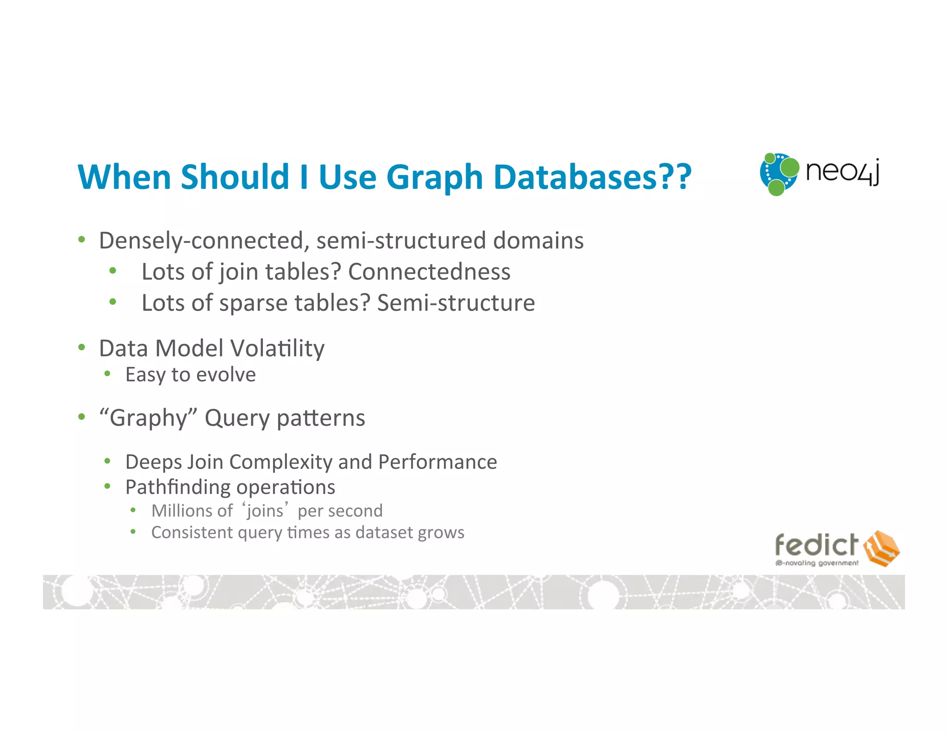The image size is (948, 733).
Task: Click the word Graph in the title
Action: click(435, 178)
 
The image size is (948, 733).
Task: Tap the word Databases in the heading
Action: click(575, 177)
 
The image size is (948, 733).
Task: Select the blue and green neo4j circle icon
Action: click(779, 174)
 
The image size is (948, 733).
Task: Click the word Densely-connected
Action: click(201, 241)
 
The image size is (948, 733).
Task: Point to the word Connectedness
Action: click(429, 272)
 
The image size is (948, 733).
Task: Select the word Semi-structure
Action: click(456, 303)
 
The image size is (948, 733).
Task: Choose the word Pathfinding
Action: click(178, 487)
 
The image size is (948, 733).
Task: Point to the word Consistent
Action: click(192, 533)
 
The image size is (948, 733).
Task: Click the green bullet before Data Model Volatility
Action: click(82, 348)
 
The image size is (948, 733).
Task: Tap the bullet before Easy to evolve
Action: click(107, 374)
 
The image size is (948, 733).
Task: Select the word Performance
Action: click(437, 462)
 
